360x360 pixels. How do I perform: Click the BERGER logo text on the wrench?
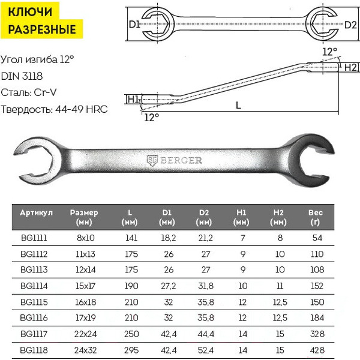tap(181, 160)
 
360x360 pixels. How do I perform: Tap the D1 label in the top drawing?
tap(134, 25)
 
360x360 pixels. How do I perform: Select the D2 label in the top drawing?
tap(350, 25)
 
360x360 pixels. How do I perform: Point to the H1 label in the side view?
tap(133, 100)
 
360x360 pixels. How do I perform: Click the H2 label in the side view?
tap(351, 67)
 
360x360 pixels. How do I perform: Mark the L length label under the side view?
tap(238, 106)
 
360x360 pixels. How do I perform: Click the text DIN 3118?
tap(22, 76)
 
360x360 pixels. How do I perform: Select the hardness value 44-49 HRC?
tap(82, 109)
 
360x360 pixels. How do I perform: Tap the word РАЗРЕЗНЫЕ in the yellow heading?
tap(42, 29)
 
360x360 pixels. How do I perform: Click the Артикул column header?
tap(36, 213)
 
